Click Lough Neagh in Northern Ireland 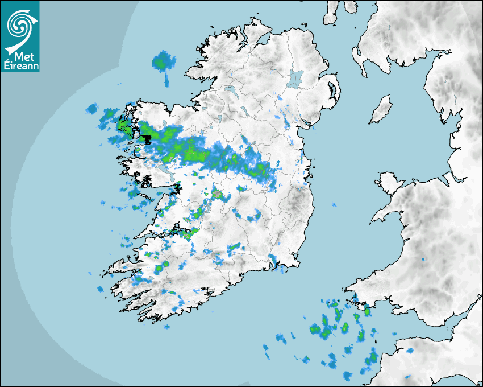pos(295,78)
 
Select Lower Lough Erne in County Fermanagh pos(230,90)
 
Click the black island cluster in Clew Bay pos(146,138)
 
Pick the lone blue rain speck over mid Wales pos(423,260)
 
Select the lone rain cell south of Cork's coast pos(166,326)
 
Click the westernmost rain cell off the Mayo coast pos(91,108)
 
